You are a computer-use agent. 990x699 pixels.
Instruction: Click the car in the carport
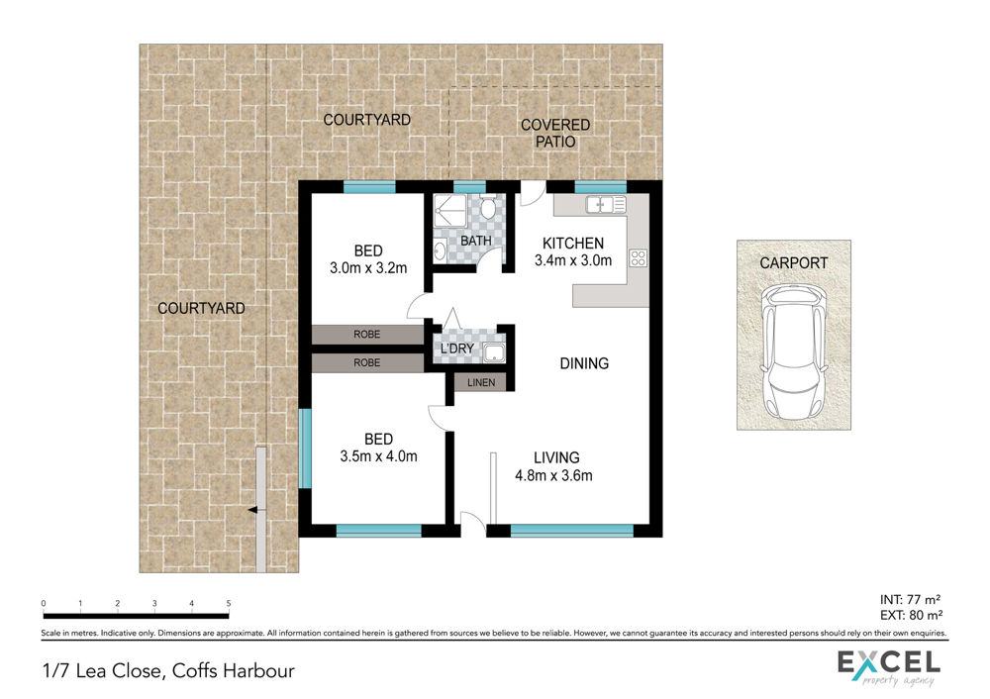(x=794, y=351)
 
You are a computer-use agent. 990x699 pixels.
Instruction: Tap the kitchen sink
(x=606, y=205)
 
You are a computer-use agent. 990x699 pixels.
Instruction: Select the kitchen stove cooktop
(x=638, y=257)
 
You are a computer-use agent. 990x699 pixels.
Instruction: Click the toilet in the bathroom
(x=487, y=206)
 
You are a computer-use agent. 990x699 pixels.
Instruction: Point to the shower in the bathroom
(x=450, y=211)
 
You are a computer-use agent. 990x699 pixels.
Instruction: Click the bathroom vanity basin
(x=441, y=250)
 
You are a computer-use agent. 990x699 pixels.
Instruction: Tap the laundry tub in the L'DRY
(x=494, y=353)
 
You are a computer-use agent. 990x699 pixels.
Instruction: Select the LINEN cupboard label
(x=481, y=382)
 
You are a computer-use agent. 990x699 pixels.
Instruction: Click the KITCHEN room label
(x=572, y=244)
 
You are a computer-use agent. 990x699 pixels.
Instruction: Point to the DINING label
(x=584, y=363)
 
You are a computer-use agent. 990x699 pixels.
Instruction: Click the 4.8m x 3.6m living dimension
(x=553, y=475)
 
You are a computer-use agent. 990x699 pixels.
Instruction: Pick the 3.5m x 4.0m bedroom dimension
(x=378, y=455)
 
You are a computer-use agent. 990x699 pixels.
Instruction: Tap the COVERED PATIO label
(x=555, y=134)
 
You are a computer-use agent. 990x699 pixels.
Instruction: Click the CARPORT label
(x=794, y=262)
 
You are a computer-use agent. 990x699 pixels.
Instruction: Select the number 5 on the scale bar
(x=229, y=604)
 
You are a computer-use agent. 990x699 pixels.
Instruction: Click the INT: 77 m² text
(x=911, y=599)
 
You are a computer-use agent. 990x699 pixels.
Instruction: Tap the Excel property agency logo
(x=889, y=668)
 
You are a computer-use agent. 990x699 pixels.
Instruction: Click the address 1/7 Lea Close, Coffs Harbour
(x=168, y=670)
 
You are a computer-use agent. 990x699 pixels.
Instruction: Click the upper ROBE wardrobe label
(x=367, y=334)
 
